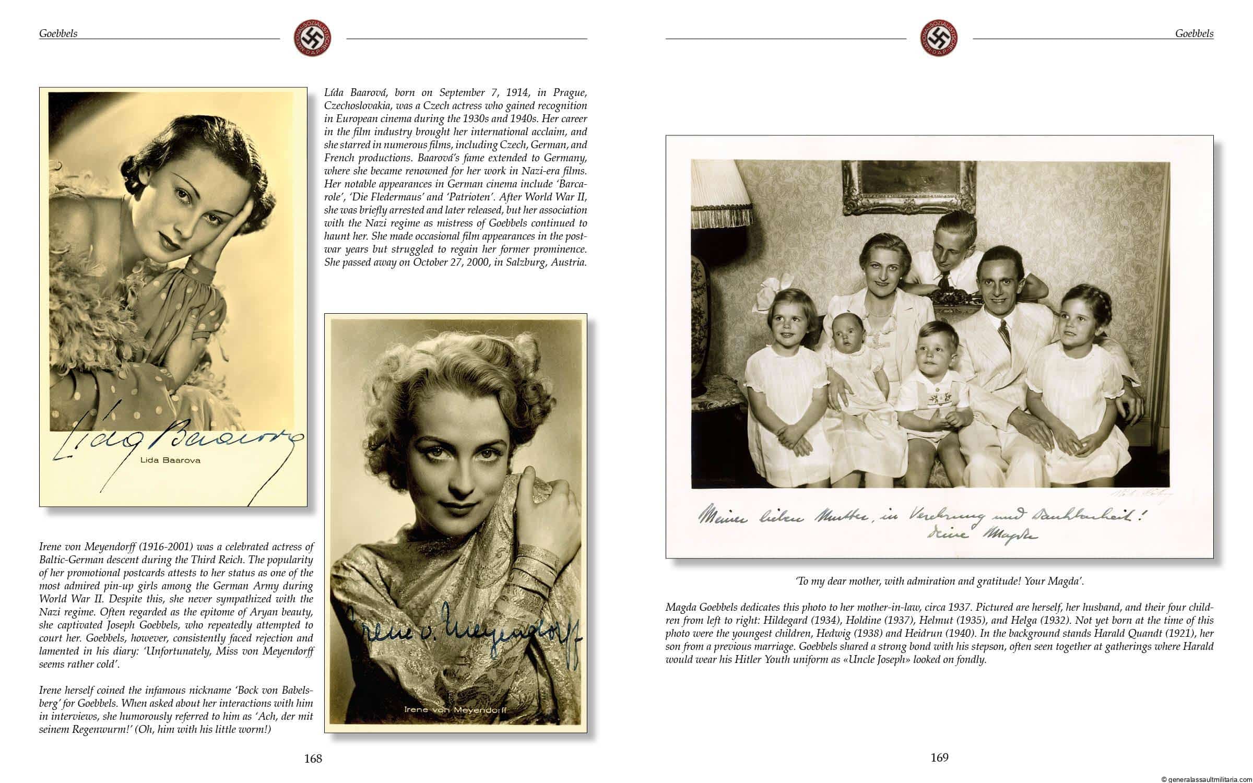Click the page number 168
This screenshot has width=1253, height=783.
tap(313, 758)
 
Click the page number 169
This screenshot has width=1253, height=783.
tap(939, 757)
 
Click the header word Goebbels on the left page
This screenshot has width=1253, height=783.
tap(58, 33)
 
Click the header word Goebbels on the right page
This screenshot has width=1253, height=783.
tap(1194, 33)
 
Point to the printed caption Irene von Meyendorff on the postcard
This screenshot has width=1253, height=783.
tap(454, 710)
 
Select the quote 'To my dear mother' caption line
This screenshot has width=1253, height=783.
tap(939, 581)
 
